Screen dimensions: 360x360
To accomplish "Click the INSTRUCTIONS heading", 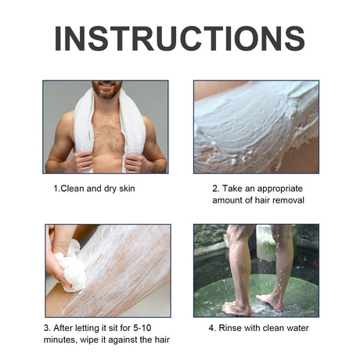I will (x=179, y=38).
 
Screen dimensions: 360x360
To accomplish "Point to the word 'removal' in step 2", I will (x=286, y=201).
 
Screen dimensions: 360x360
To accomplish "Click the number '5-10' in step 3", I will (x=139, y=327).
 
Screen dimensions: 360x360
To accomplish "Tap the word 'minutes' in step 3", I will (x=62, y=339).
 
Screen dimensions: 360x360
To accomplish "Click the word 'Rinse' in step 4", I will (x=233, y=327).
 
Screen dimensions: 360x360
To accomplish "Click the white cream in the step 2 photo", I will (x=258, y=129).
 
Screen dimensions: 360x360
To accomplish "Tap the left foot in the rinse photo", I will (x=235, y=307).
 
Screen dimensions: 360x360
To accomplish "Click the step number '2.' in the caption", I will (x=216, y=189).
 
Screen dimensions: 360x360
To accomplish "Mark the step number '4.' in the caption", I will (x=212, y=327).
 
